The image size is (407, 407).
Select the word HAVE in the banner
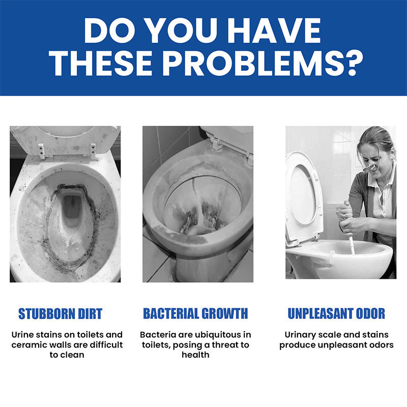pos(274,31)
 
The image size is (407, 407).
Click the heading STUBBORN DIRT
pos(60,313)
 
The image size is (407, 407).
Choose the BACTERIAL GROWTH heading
pos(195,313)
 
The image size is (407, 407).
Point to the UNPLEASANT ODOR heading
pos(336,313)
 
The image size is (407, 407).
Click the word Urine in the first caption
pos(22,335)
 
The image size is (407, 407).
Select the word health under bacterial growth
pos(195,355)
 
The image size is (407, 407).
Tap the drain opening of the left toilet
pos(72,208)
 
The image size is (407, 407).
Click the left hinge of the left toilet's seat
pos(42,151)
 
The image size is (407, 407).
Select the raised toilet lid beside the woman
pos(303,198)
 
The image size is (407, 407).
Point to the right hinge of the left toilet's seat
pos(93,151)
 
